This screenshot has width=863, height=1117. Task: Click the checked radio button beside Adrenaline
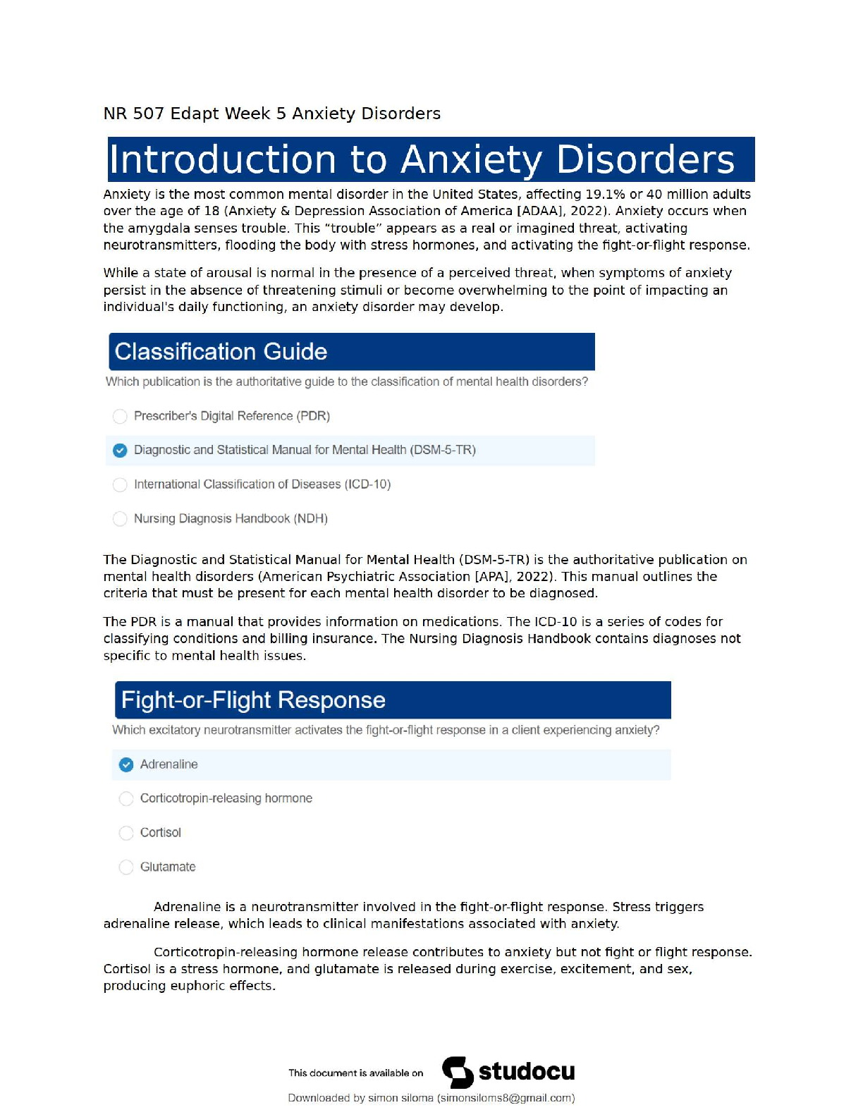pos(126,765)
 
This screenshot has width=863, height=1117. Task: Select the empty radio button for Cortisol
pos(126,834)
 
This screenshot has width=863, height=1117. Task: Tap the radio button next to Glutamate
pos(126,867)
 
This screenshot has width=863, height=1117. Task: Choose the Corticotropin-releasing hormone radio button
pos(126,799)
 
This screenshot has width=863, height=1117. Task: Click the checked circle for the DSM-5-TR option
pos(121,451)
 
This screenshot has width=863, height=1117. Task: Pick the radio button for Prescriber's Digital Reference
pos(121,417)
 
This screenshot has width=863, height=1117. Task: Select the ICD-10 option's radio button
pos(121,485)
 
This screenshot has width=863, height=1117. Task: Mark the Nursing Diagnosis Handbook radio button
pos(121,519)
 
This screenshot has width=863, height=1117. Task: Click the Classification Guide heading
pos(221,352)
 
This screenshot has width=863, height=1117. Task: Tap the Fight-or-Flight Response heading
pos(253,700)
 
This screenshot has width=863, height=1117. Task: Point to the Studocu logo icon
pos(458,1073)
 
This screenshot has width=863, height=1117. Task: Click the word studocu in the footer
pos(527,1072)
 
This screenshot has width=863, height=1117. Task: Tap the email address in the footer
pos(506,1098)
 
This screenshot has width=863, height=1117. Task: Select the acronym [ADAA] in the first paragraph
pos(540,211)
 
